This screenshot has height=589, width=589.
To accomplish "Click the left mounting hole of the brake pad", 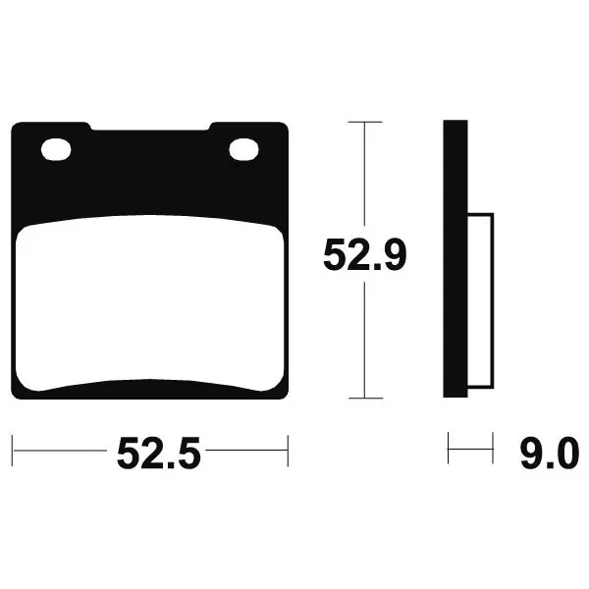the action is click(x=56, y=149).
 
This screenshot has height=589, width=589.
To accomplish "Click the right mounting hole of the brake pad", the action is click(x=243, y=149).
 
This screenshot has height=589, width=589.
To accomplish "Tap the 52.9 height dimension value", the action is click(x=365, y=255).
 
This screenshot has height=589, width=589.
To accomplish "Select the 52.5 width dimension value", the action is click(x=158, y=453).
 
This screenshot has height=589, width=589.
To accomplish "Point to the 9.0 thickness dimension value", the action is click(x=549, y=453).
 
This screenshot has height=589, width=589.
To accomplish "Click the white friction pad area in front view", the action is click(x=150, y=302).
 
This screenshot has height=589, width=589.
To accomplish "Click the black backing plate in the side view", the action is click(x=455, y=258).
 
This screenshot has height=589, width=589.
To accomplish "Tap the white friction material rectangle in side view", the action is click(x=480, y=300).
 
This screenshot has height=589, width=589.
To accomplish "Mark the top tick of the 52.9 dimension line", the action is click(x=365, y=122).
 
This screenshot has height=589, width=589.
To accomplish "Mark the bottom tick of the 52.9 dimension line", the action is click(x=365, y=398).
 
